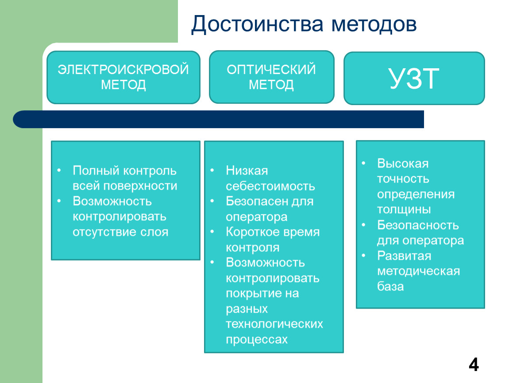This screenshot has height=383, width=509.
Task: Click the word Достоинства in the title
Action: pos(257,25)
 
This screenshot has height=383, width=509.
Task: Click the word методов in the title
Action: pos(374,25)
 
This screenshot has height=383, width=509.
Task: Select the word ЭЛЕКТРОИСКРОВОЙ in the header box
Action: pos(123,70)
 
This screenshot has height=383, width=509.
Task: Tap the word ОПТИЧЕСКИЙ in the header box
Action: pos(271,69)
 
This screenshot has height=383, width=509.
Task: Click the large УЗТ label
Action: pos(414,78)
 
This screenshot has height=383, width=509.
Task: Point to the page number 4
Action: pos(474,365)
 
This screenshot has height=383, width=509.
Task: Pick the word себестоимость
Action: pos(270,186)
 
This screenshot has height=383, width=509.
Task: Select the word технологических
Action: pos(274,324)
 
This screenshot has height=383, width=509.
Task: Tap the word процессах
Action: pos(257,340)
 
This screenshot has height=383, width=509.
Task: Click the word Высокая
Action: pos(403,164)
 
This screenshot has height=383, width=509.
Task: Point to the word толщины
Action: pos(404,210)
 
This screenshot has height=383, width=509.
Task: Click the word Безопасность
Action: pos(418,225)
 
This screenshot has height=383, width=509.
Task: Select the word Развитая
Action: pos(404,256)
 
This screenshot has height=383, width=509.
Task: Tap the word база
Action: pos(390,286)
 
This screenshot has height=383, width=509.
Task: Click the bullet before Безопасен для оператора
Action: pos(212,201)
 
